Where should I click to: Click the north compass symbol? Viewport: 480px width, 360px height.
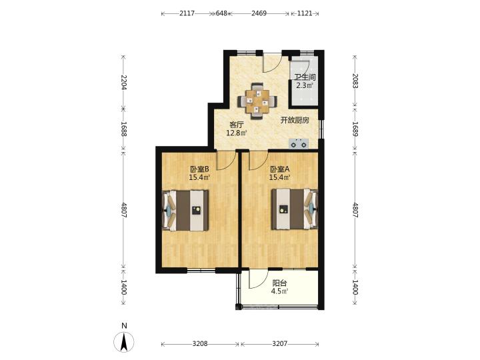coord(124,342)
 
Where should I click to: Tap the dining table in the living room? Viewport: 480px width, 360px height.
coord(258,101)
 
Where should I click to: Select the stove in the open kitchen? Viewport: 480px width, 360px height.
coord(299,143)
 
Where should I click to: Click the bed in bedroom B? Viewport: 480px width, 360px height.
coord(185,211)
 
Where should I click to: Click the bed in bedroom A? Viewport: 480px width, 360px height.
coord(295,209)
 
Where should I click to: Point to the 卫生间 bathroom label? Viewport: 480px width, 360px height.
coord(305,77)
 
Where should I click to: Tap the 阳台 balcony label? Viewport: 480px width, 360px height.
coord(279,283)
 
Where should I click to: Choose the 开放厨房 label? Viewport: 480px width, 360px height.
coord(295,120)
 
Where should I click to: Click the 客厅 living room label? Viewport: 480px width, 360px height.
coord(237,125)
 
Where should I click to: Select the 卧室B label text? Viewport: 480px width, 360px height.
coord(199,169)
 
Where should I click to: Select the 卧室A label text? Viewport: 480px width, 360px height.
coord(280,169)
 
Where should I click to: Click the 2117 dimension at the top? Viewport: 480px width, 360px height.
coord(187,13)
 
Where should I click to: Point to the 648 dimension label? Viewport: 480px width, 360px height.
coord(221,13)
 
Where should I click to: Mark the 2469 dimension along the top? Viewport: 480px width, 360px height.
coord(259,13)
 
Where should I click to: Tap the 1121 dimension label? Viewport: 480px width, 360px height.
coord(305,13)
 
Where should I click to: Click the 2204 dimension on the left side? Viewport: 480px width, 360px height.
coord(124,82)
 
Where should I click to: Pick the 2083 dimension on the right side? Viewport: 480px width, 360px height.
coord(355,81)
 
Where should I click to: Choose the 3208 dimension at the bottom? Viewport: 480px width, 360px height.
coord(200,344)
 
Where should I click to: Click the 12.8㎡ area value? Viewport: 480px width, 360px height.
coord(237,133)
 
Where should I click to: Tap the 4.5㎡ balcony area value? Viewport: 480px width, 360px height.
coord(279,291)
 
